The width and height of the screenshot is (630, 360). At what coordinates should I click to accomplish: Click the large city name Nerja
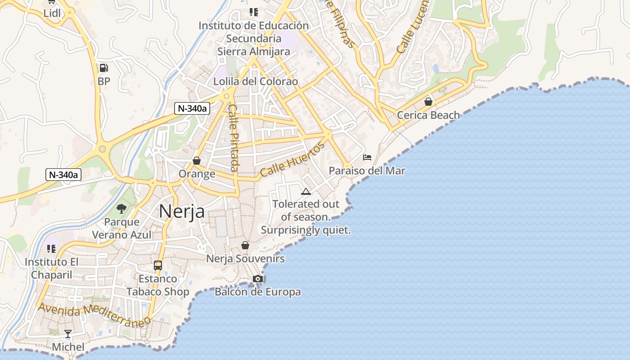tap(182, 211)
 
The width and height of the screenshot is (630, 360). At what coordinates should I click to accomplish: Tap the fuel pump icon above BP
tap(103, 68)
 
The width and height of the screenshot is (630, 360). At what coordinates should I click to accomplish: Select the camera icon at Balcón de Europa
tap(257, 279)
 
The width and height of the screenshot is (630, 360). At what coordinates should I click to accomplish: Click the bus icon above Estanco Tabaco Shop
tap(157, 265)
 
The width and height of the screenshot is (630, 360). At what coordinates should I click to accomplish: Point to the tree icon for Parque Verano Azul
tap(121, 208)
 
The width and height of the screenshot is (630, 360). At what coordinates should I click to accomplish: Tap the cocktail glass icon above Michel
tap(68, 333)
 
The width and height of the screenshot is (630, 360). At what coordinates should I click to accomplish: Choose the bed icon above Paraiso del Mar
tap(367, 157)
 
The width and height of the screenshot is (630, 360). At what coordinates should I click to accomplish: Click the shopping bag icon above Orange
tap(197, 160)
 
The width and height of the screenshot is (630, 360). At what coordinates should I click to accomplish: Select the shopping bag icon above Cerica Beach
tap(428, 102)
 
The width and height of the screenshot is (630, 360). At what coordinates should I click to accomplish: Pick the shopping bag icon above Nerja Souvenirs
tap(245, 245)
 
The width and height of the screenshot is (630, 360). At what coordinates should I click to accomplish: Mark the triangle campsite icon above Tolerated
tap(306, 191)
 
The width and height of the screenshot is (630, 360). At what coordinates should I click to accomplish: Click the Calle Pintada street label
tap(234, 138)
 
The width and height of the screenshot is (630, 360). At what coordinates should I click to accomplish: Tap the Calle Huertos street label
tap(292, 159)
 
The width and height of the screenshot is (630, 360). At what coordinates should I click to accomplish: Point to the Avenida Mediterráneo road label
tap(94, 315)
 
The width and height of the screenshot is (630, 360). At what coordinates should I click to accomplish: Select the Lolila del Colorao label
tap(256, 81)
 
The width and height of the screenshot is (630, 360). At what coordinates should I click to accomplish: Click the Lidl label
tap(52, 13)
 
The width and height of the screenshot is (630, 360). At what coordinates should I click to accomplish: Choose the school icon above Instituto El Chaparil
tap(51, 248)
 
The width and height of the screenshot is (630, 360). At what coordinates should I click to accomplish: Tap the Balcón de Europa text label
tap(258, 292)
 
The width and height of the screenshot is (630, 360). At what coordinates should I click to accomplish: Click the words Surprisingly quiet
tap(306, 230)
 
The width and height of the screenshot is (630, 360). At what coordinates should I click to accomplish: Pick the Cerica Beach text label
tap(428, 115)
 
